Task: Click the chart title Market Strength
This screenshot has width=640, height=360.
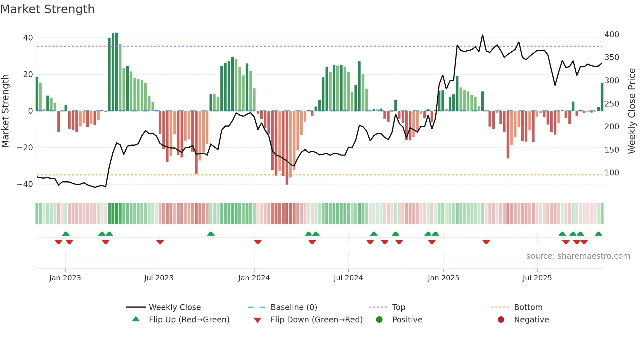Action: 48,9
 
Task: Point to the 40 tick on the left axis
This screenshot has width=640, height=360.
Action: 28,38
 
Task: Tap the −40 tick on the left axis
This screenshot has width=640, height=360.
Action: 25,184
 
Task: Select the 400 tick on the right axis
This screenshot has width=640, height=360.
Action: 612,35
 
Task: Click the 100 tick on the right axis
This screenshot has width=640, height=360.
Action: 612,173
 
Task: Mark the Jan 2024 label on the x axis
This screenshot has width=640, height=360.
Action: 254,278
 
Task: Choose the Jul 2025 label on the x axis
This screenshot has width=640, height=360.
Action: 537,278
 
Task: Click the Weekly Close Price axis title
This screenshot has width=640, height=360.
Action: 632,111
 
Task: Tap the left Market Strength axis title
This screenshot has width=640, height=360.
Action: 5,111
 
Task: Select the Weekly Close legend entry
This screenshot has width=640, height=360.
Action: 175,307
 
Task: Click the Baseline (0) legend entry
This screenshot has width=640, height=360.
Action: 294,307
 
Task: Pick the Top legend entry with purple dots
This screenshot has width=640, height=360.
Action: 398,307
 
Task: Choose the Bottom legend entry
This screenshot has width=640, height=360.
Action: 528,307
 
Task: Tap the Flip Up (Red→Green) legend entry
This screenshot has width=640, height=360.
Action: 189,320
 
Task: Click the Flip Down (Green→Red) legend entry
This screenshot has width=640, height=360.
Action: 316,320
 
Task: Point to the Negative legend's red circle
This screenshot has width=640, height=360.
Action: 501,319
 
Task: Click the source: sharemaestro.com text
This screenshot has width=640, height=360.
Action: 578,256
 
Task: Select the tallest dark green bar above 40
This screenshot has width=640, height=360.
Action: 117,72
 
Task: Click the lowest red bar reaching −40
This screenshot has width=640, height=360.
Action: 287,148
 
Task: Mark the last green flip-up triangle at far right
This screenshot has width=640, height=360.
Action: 598,234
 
